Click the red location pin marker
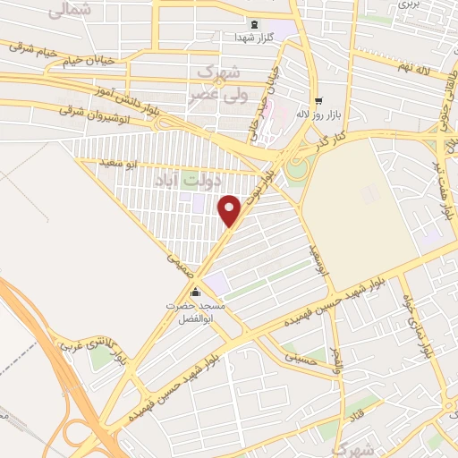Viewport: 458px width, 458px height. (231, 209)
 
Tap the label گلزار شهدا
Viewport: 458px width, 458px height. (256, 37)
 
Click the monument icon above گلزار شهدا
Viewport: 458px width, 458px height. (256, 24)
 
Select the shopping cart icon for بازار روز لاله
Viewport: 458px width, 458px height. (318, 100)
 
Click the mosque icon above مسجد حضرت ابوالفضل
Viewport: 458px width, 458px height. (196, 292)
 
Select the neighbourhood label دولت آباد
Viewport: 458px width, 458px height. (190, 180)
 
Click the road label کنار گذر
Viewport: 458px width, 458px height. (327, 139)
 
